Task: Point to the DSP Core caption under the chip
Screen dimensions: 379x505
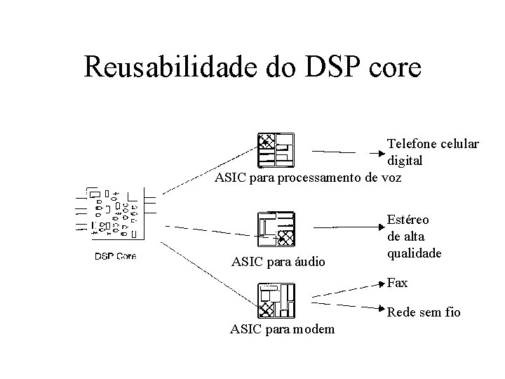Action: pos(115,255)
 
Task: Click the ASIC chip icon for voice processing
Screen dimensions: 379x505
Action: pos(276,149)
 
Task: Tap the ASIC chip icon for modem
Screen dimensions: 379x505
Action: pos(276,301)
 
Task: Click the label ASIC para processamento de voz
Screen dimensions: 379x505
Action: pos(308,177)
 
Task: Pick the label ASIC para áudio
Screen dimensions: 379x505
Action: pos(278,262)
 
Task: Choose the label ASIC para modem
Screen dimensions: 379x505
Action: pos(283,329)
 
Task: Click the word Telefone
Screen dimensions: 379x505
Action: pos(413,144)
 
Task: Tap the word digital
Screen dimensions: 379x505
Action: pos(405,160)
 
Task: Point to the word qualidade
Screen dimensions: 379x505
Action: pos(415,253)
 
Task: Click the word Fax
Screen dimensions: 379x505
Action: pos(397,283)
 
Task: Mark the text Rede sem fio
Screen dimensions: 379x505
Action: pos(424,312)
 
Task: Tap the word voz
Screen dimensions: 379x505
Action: pos(391,177)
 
